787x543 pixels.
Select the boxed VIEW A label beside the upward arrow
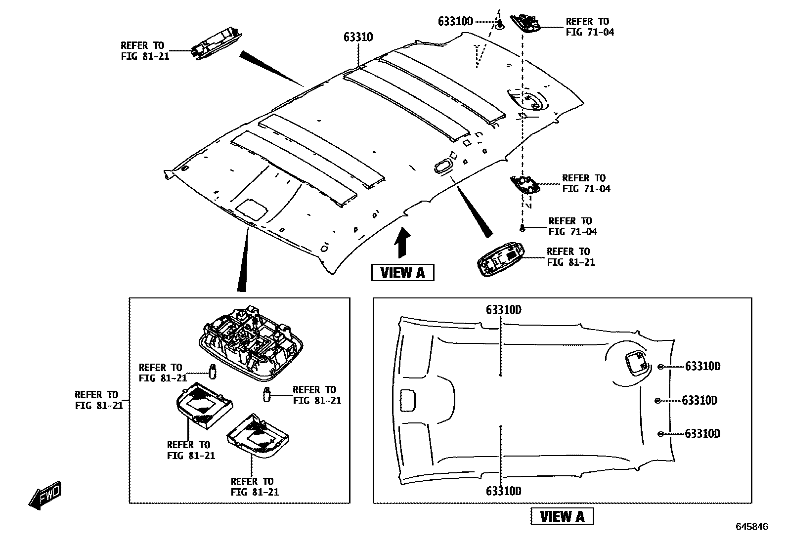(402, 272)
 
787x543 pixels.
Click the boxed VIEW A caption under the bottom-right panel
(562, 516)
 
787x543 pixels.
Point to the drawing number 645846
(751, 527)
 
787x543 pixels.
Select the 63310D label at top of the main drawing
(455, 21)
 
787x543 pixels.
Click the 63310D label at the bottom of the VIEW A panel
(503, 491)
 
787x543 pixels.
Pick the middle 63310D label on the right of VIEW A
(699, 400)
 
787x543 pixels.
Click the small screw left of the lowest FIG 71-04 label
(522, 228)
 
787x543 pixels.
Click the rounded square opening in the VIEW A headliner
(636, 363)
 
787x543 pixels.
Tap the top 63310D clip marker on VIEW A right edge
(660, 366)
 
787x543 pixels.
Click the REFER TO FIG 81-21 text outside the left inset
(96, 400)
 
